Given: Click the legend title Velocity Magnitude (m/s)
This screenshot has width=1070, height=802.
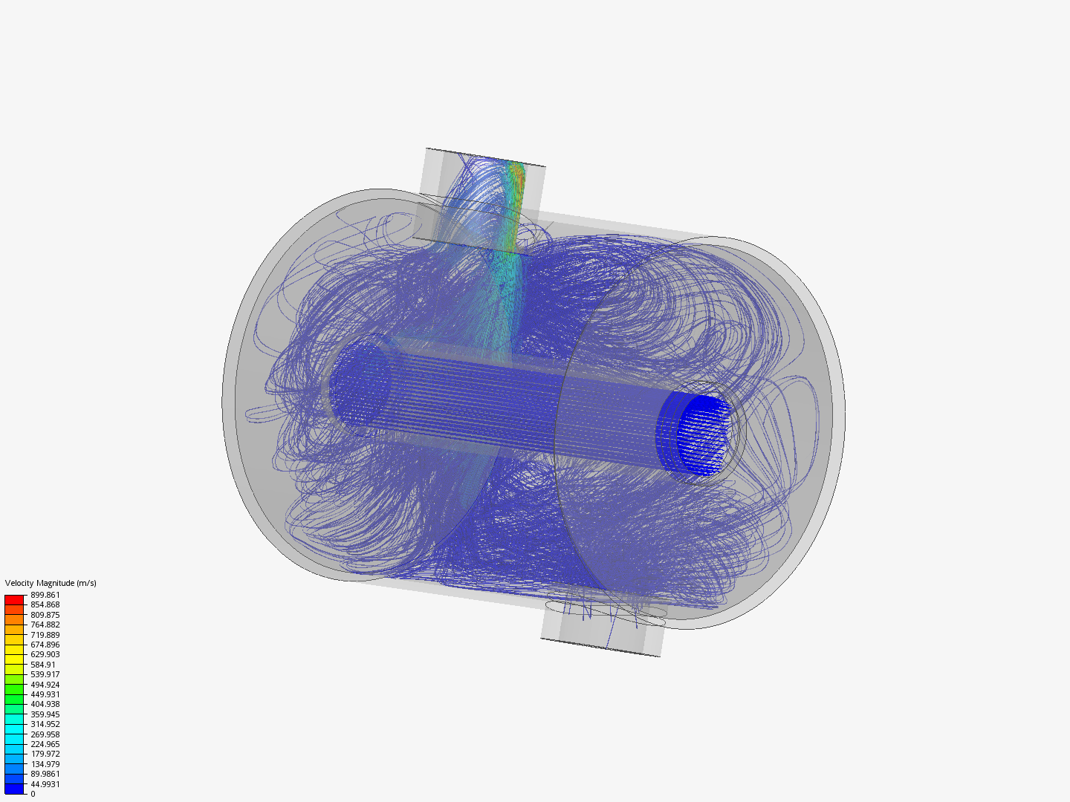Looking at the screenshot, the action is pos(51,583).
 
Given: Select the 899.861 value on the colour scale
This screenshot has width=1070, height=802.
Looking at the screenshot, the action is pos(45,595).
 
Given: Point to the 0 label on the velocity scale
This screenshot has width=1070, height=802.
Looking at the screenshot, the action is pos(33,794).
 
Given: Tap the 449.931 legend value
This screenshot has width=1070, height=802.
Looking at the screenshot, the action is pos(45,694).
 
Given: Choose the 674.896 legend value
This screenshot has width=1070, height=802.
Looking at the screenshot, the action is pos(45,645).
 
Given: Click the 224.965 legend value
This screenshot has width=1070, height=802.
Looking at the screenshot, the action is pos(45,744).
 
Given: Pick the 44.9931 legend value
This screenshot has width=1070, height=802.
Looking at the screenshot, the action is pos(45,784).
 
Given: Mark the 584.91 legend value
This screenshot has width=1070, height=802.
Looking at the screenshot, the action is pos(43,665).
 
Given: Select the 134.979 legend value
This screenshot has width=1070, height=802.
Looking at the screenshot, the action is pos(45,764).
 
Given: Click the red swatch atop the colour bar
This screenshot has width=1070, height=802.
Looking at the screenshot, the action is pos(14,600).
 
